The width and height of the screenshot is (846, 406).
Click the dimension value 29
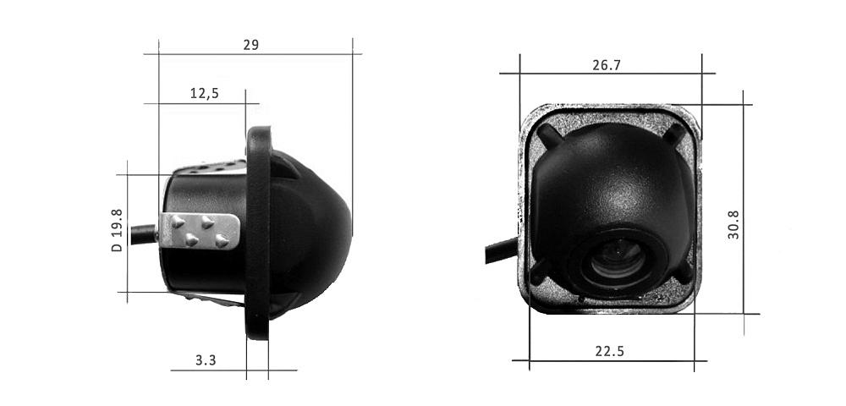[251, 45]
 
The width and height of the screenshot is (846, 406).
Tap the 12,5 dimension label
[205, 93]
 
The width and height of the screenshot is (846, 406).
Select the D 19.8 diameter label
[117, 231]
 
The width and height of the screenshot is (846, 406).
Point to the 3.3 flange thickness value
[206, 360]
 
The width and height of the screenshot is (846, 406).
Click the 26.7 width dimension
[607, 65]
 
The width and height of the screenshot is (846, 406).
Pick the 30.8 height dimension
[733, 225]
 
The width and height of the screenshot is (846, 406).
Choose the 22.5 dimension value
[610, 352]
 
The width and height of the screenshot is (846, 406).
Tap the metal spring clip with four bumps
[200, 231]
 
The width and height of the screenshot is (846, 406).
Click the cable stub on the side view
[144, 234]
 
